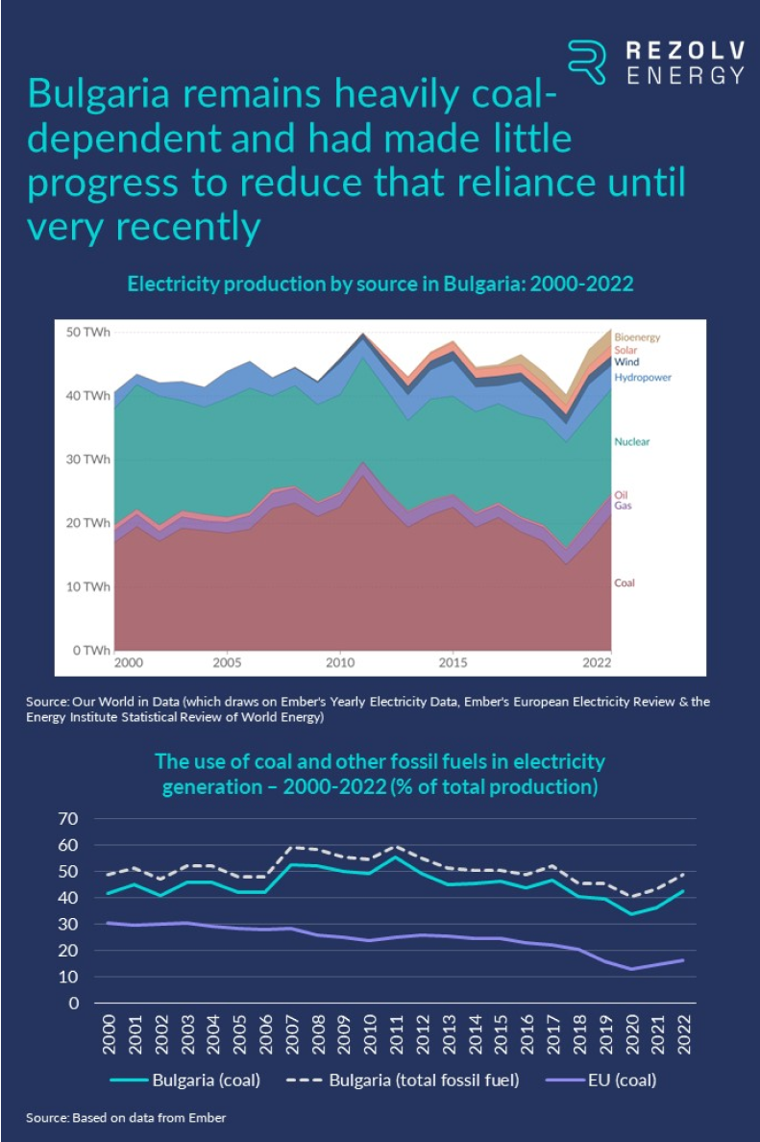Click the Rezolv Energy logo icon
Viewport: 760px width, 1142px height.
[x=586, y=62]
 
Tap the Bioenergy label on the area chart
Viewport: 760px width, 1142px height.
[x=637, y=337]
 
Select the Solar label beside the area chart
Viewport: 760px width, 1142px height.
[x=625, y=351]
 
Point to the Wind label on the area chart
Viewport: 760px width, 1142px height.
[x=626, y=363]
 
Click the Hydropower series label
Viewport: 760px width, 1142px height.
[x=642, y=378]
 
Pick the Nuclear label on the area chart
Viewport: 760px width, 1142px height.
[x=632, y=442]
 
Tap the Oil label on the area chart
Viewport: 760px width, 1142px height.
[x=621, y=494]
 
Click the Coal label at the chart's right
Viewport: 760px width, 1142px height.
[x=625, y=583]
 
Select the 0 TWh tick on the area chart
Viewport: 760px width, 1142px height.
[x=92, y=651]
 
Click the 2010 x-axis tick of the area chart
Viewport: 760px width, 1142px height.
[x=338, y=664]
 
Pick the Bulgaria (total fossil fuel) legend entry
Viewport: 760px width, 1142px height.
[x=404, y=1080]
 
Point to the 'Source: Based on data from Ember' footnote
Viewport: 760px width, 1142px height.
[x=126, y=1118]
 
